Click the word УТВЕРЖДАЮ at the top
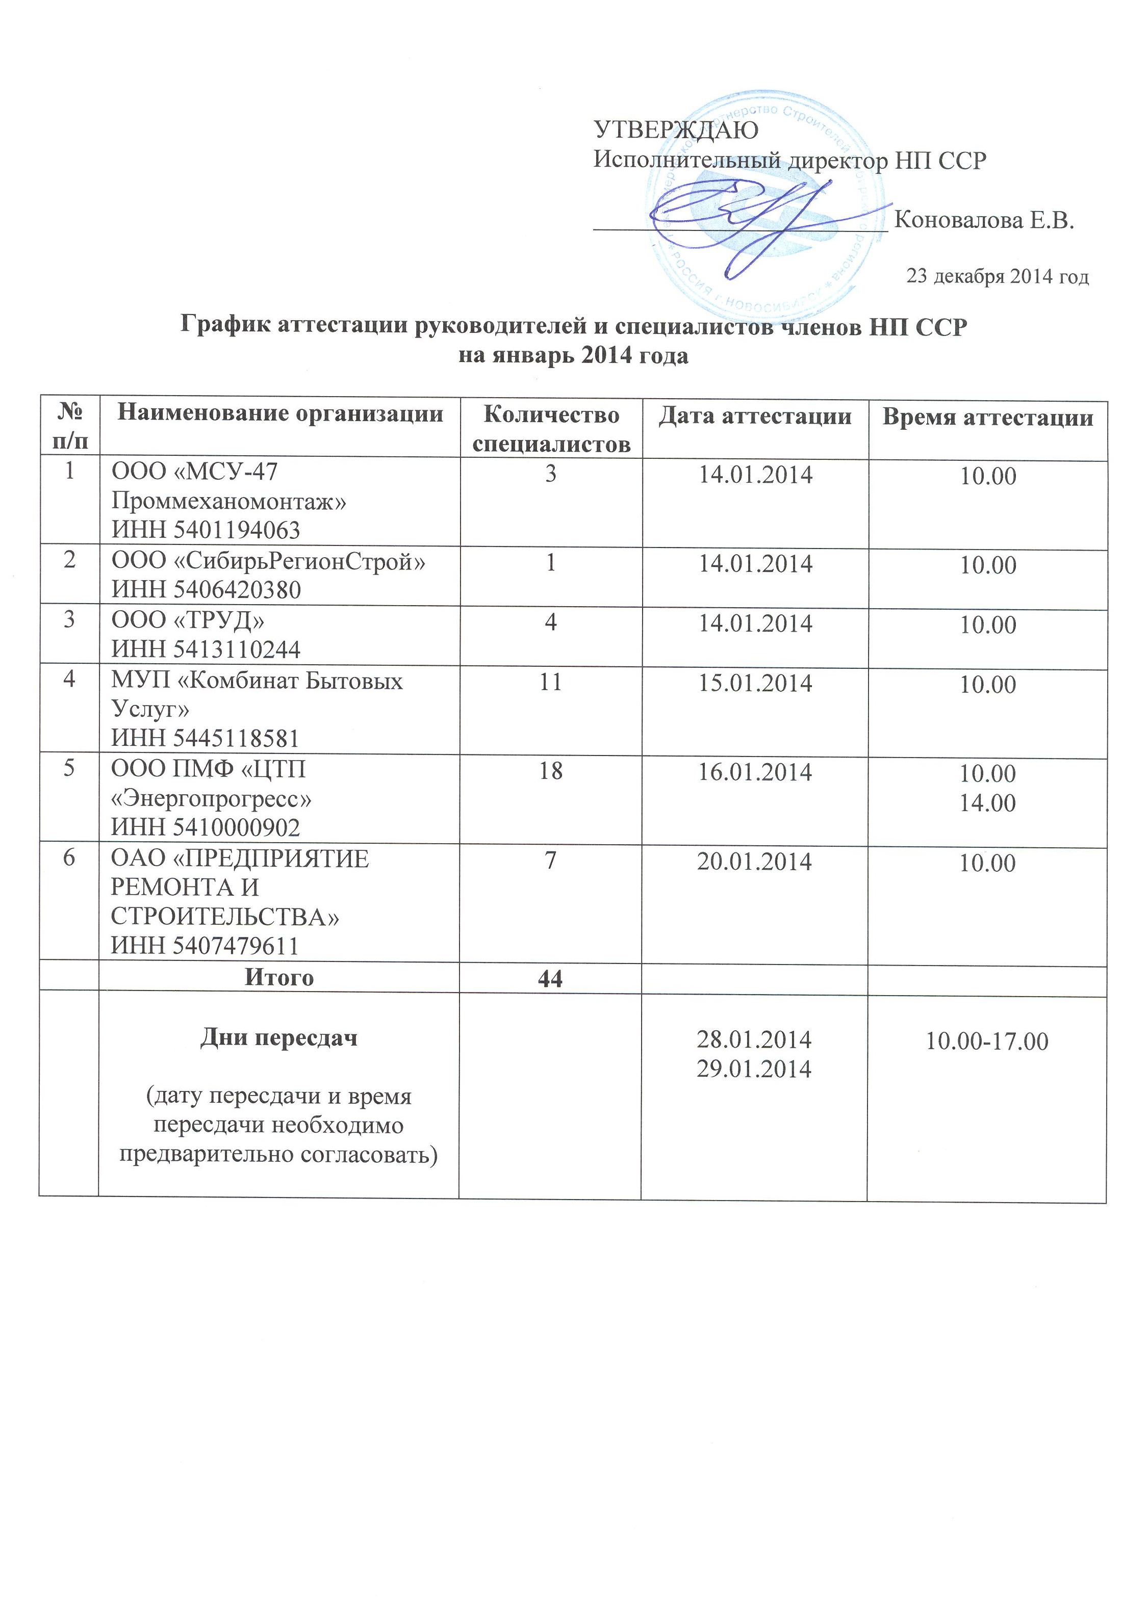pos(676,130)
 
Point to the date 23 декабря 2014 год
pos(998,276)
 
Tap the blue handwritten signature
pos(749,212)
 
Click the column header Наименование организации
pos(280,413)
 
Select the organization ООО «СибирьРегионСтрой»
pos(269,562)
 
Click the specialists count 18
pos(551,771)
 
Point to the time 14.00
pos(987,803)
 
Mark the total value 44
pos(551,979)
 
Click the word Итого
pos(279,977)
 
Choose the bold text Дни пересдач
pos(279,1038)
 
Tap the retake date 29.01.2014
pos(754,1069)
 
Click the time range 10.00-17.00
pos(987,1041)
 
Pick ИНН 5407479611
pos(206,946)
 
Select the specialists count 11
pos(551,682)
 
